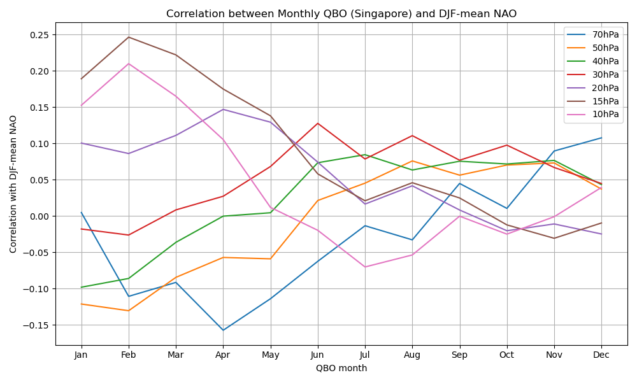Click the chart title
tap(341, 14)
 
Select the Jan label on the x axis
tap(81, 355)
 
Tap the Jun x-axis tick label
tap(318, 355)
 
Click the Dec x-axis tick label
tap(601, 355)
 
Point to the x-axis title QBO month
tap(341, 368)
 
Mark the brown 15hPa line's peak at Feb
tap(129, 37)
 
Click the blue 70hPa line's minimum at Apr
tap(223, 330)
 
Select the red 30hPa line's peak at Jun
tap(318, 124)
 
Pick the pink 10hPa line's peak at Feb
tap(129, 64)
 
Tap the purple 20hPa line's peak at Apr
tap(223, 110)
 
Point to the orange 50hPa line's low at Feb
tap(129, 311)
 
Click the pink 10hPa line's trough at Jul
tap(365, 267)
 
